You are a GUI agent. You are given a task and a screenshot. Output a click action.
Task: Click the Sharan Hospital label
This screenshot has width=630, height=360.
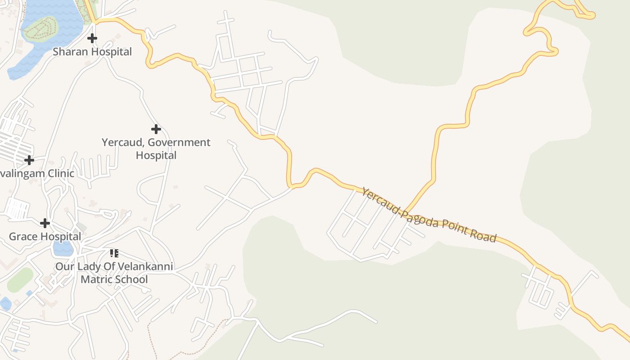point(92,52)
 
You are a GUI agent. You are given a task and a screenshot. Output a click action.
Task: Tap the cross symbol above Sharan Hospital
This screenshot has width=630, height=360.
point(92,38)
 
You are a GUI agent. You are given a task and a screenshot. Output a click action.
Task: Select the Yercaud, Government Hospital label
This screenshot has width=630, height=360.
point(156,149)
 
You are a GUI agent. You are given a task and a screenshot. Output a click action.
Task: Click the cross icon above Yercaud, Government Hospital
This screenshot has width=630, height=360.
point(156,130)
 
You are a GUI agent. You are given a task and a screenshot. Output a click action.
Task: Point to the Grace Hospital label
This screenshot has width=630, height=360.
point(45,237)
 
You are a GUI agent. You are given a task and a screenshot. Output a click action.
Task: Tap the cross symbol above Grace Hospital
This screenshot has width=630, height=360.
point(45,223)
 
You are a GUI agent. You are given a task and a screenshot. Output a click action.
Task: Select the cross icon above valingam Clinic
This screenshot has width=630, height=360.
point(29,160)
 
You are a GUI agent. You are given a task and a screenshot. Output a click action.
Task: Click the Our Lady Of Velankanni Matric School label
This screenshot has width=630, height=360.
point(114,273)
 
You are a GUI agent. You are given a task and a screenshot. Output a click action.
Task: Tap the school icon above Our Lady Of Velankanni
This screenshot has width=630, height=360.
point(114,253)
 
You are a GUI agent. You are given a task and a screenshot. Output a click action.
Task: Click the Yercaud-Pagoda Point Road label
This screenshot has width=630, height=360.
point(429,215)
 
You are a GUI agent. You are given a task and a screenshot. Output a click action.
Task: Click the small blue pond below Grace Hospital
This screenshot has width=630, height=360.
point(63,248)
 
